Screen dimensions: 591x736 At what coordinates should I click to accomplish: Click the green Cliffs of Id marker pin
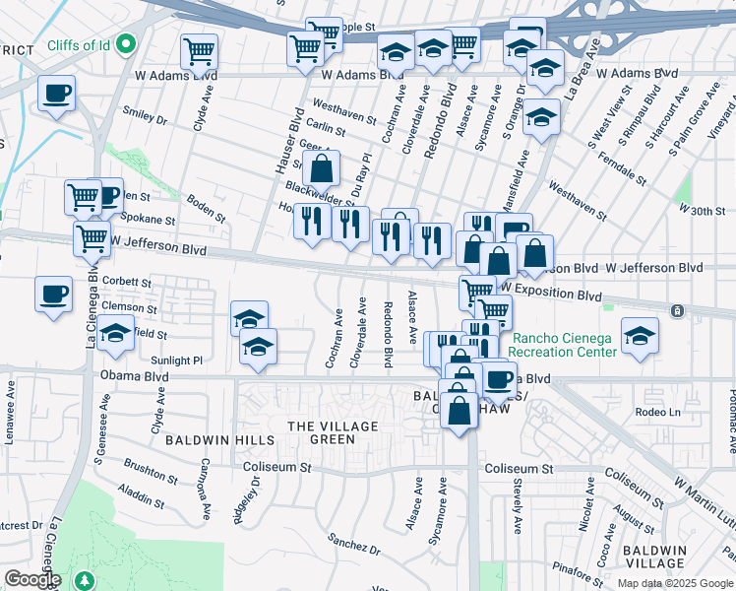click(125, 44)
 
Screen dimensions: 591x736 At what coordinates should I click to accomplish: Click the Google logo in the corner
click(31, 579)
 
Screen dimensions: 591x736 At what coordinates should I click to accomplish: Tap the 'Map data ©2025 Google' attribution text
click(674, 583)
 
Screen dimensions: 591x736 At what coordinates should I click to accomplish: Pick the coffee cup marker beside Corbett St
click(53, 293)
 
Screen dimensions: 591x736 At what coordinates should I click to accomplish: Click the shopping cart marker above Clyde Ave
click(200, 49)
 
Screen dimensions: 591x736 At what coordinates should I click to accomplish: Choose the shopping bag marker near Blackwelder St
click(322, 169)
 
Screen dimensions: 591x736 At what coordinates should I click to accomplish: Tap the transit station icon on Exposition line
click(677, 311)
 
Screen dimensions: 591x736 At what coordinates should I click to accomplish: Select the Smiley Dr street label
click(147, 116)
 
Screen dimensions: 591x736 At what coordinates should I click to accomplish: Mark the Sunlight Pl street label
click(183, 361)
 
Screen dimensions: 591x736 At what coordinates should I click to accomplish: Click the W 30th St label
click(701, 210)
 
